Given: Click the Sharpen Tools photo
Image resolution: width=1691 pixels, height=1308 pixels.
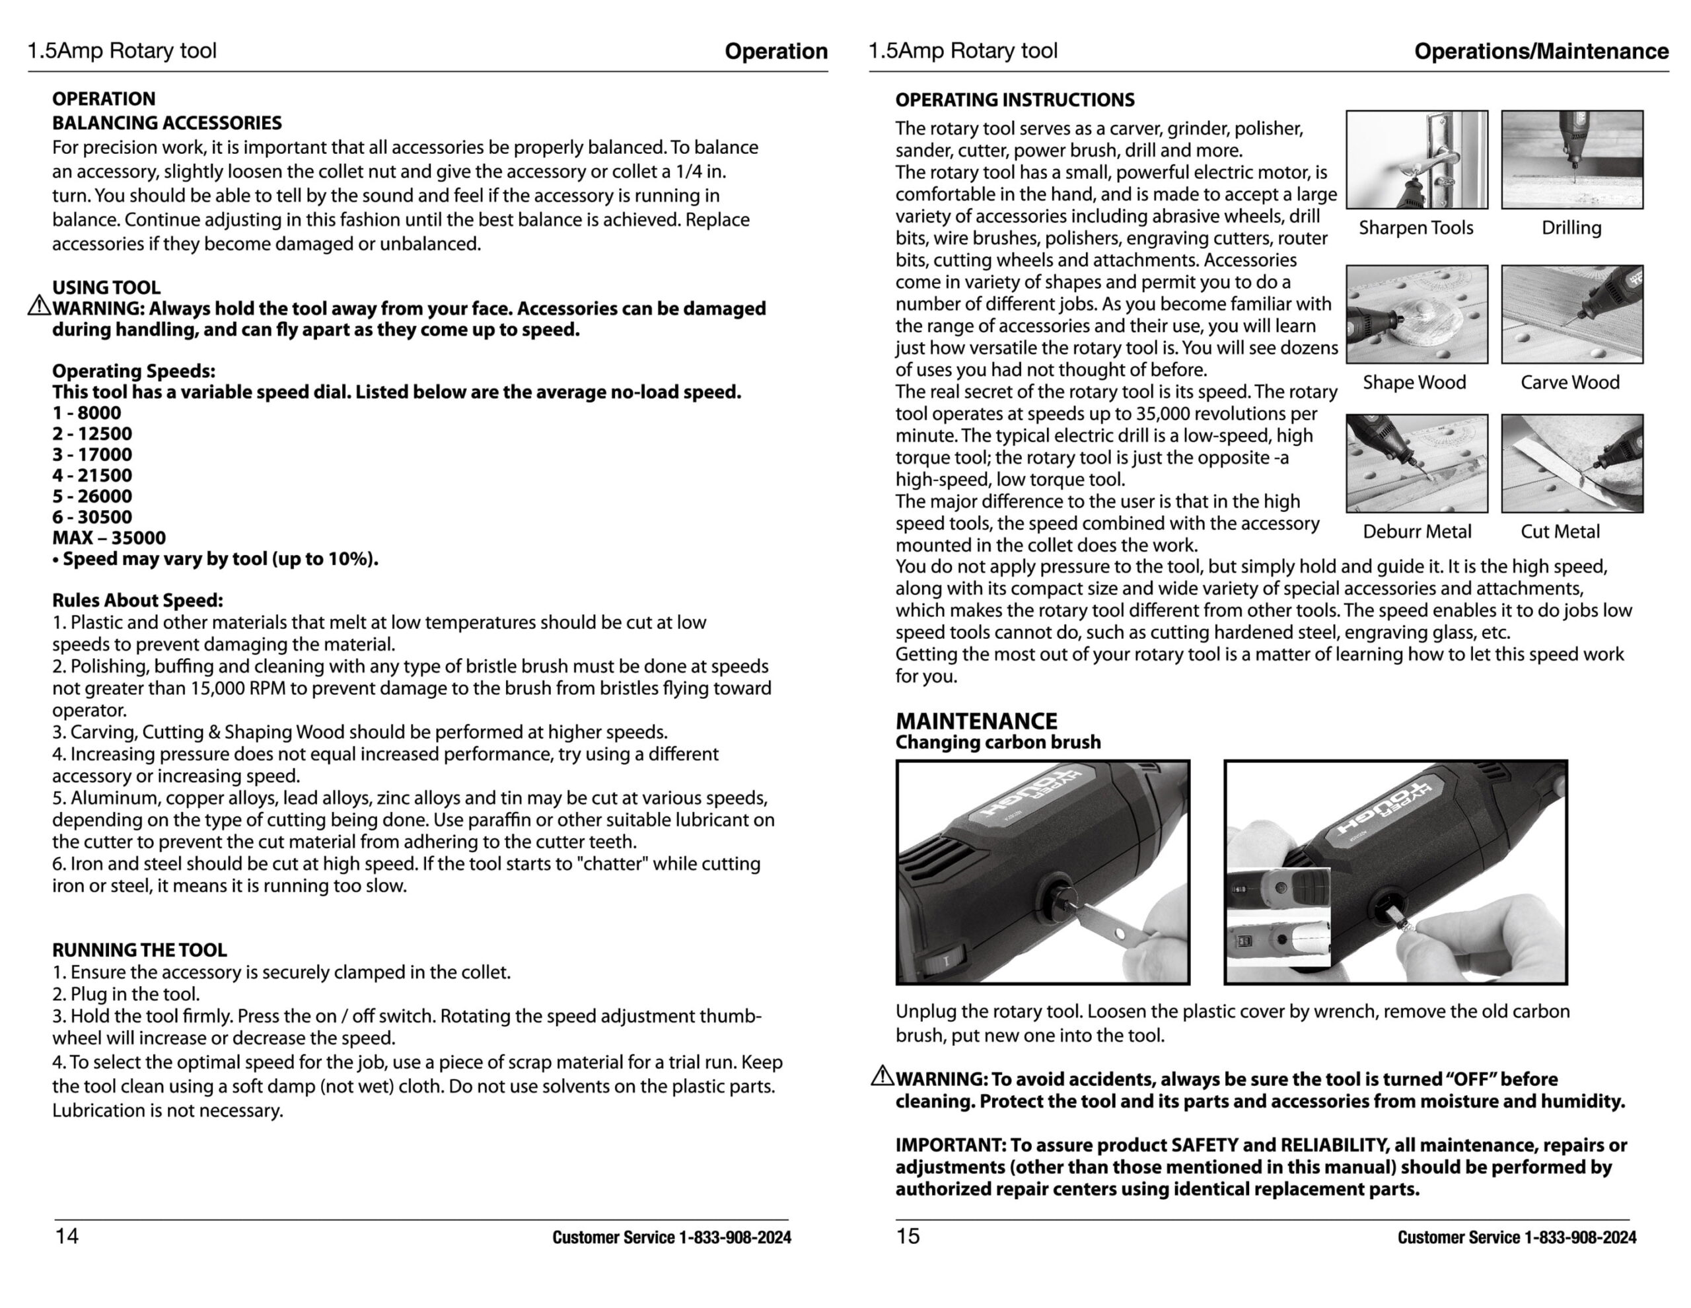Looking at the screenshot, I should [1416, 159].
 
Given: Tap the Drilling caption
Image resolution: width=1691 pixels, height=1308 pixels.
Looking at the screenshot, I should [1571, 228].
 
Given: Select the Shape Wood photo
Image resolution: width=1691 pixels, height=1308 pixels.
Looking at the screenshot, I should [1416, 314].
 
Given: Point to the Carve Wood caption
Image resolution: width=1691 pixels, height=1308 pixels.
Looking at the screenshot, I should [1569, 382].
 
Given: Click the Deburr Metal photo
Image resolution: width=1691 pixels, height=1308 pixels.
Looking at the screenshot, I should [1416, 463].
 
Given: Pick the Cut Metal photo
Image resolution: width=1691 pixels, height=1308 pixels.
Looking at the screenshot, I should [1571, 463].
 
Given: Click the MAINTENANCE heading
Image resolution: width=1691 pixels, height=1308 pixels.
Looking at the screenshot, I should [976, 721].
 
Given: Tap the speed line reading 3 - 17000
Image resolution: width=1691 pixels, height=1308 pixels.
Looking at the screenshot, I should [92, 454].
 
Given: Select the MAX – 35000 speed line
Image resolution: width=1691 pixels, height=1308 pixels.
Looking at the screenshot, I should [109, 538].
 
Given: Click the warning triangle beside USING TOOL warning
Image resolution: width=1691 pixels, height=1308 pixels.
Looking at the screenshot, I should [39, 307].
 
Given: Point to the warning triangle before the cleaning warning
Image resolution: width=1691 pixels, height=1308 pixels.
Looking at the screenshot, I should [882, 1075].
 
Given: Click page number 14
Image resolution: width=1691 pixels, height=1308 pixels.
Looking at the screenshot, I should [67, 1236].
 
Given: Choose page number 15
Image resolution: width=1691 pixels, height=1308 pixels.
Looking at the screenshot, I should [908, 1236].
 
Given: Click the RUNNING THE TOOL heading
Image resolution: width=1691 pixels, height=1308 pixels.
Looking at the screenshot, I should [139, 950].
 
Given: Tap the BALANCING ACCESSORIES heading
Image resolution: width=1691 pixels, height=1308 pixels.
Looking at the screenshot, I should [166, 123].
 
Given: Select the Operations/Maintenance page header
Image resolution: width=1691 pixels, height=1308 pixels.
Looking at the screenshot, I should [1541, 51].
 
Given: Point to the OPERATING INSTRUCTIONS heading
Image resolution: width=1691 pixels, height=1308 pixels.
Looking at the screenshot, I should [1015, 100].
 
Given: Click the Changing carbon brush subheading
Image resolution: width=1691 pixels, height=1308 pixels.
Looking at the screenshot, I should [997, 743].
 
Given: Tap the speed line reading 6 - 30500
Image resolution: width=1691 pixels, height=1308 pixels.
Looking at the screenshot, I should [92, 517].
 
